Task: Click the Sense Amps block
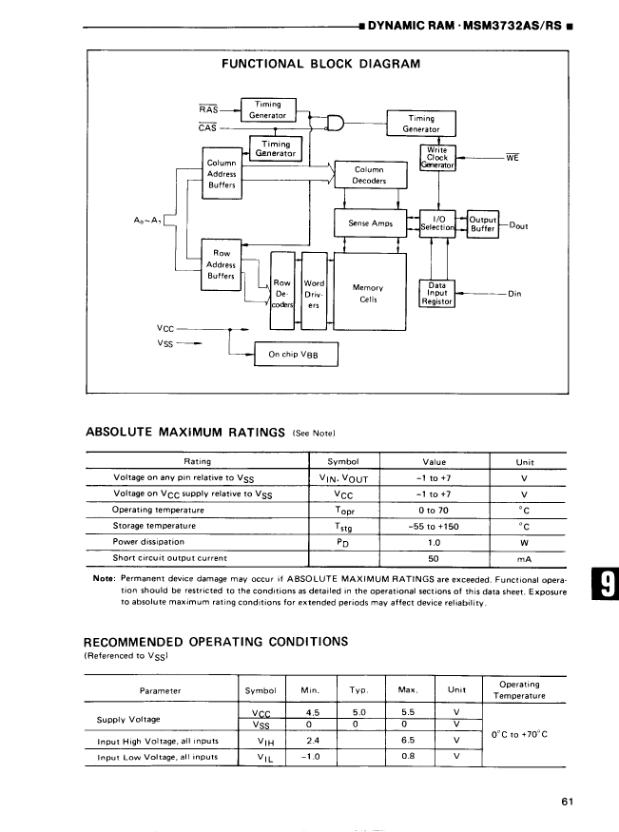370,223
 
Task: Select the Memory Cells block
368,293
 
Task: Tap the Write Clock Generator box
437,158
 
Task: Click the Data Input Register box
437,294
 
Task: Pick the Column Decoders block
369,174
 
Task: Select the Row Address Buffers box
222,264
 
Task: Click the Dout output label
519,226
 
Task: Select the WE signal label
512,158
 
